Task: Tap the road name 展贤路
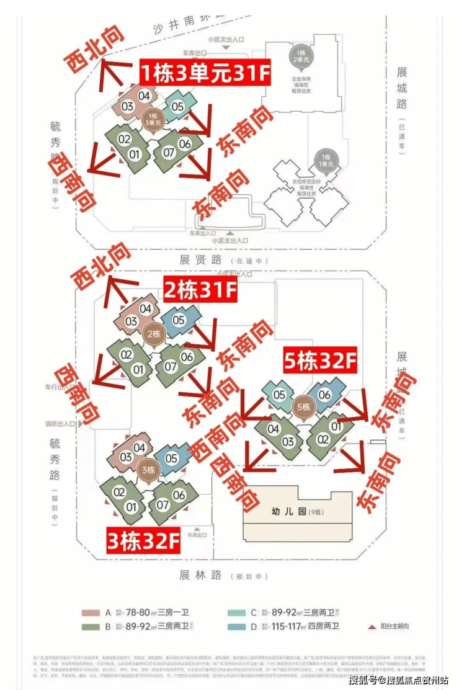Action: coord(196,260)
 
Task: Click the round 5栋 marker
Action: coord(303,406)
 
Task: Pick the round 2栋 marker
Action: coord(153,333)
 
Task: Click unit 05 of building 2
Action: coord(179,321)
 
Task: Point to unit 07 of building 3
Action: coord(163,504)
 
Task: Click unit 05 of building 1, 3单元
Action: coord(177,106)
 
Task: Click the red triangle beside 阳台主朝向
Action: coord(372,627)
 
